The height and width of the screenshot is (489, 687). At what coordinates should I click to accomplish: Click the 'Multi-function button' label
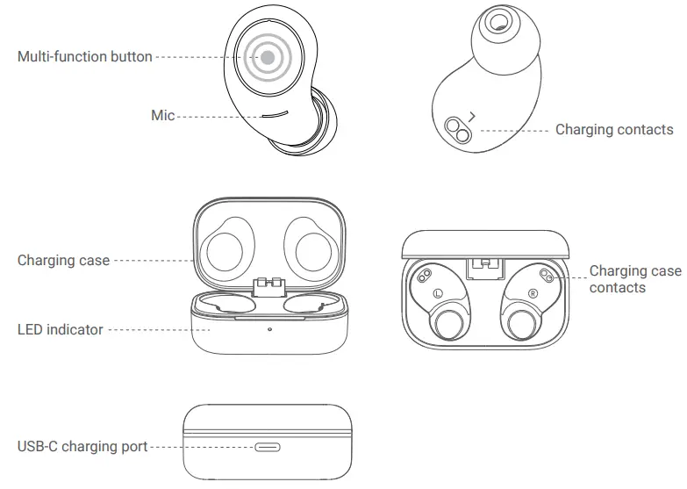[x=84, y=57]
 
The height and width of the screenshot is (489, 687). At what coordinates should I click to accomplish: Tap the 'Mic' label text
[x=162, y=115]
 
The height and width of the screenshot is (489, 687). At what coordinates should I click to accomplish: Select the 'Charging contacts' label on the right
[x=614, y=130]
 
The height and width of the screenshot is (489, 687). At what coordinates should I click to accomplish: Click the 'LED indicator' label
[x=61, y=330]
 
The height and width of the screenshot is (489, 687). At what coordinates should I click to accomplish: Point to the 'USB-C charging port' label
[x=82, y=447]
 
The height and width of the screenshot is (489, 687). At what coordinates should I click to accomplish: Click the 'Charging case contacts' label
[x=634, y=279]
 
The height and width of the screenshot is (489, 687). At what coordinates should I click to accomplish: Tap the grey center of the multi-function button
[x=268, y=58]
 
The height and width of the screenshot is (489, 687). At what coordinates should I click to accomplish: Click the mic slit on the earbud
[x=276, y=114]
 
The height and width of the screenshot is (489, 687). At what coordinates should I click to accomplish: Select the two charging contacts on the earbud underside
[x=457, y=130]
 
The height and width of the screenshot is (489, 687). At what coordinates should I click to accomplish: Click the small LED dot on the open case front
[x=269, y=330]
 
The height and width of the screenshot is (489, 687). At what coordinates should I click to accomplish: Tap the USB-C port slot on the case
[x=268, y=447]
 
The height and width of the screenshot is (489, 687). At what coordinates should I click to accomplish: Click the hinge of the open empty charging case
[x=269, y=286]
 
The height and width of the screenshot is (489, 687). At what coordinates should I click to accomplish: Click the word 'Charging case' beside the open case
[x=63, y=261]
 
